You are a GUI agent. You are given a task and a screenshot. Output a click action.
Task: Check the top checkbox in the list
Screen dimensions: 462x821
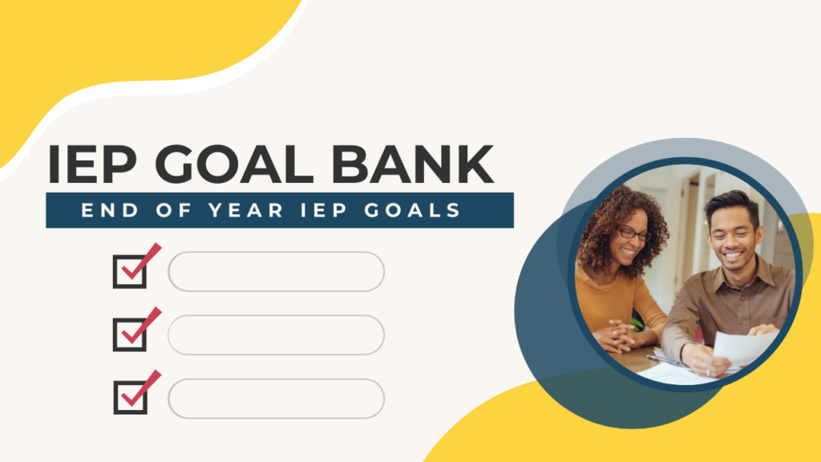[130, 271]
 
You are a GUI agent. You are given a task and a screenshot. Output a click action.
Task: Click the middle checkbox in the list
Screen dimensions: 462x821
[130, 334]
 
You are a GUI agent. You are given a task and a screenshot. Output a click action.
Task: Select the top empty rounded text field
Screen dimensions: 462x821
[276, 271]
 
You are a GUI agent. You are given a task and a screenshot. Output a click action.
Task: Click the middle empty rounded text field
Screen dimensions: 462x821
[276, 334]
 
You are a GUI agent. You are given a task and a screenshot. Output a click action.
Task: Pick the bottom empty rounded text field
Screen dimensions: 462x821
[276, 398]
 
